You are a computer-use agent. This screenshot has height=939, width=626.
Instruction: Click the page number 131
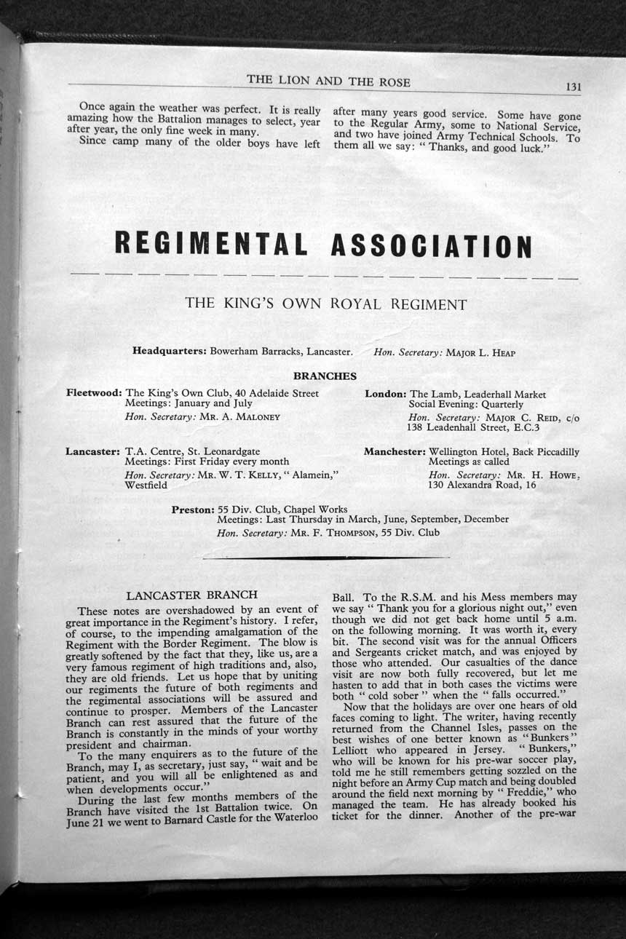pyautogui.click(x=573, y=87)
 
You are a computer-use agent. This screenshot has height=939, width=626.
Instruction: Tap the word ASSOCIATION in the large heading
pyautogui.click(x=431, y=247)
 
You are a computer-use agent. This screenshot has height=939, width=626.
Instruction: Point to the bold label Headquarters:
pyautogui.click(x=170, y=351)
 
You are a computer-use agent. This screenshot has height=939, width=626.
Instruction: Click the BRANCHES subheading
pyautogui.click(x=325, y=376)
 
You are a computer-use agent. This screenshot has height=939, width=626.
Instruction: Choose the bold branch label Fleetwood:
pyautogui.click(x=94, y=393)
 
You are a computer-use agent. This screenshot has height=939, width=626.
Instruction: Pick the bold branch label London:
pyautogui.click(x=385, y=394)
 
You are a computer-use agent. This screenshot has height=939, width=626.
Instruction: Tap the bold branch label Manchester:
pyautogui.click(x=395, y=452)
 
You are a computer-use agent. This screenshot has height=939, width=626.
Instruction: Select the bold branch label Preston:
pyautogui.click(x=192, y=510)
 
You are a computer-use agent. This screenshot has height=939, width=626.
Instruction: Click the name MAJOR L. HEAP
pyautogui.click(x=480, y=353)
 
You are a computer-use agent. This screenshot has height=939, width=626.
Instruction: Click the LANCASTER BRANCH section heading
pyautogui.click(x=191, y=595)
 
